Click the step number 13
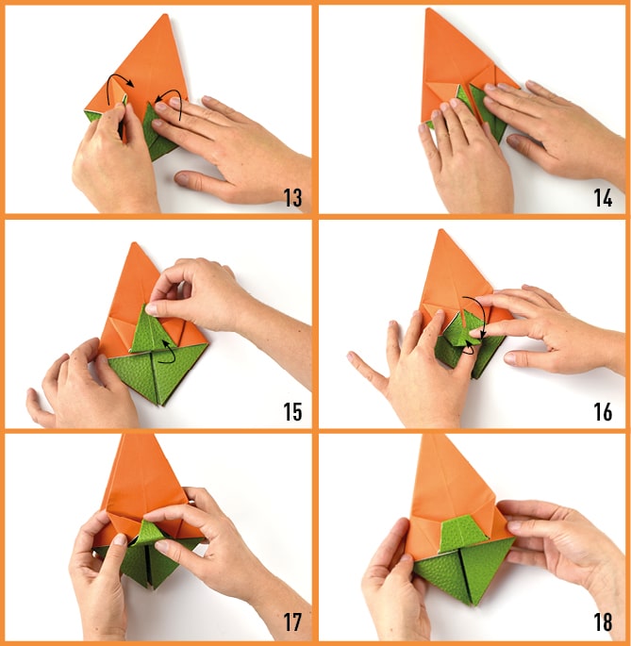coord(293,197)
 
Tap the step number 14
coord(603,197)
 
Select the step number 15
coord(292,411)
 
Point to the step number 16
coord(603,411)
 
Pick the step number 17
coord(292,622)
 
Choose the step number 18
coord(603,622)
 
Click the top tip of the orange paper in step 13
coord(167,14)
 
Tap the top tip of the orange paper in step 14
coord(428,8)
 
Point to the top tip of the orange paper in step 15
coord(134,242)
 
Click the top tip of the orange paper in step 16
coord(440,230)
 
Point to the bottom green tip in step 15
coord(158,405)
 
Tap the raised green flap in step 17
coord(150,534)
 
